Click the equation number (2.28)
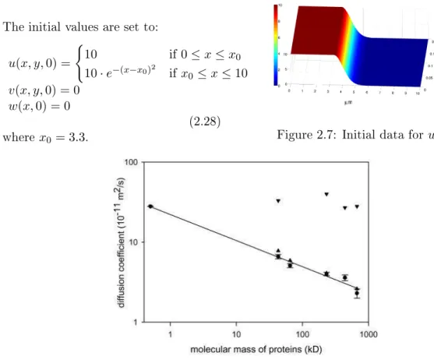tap(205, 122)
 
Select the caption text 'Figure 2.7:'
tap(307, 135)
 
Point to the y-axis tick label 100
tap(131, 162)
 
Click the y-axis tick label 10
tap(134, 242)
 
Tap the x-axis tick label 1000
tap(369, 334)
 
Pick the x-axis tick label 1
tap(170, 334)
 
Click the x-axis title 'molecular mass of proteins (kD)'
tap(256, 350)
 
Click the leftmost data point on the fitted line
tap(150, 206)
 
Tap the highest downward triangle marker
tap(326, 195)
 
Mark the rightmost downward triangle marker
tap(357, 206)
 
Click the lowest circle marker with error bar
tap(357, 293)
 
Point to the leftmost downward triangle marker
tap(278, 201)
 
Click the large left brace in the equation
tap(79, 64)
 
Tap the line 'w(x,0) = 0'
tap(40, 106)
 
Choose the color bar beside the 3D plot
tap(276, 45)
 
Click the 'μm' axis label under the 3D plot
tap(348, 102)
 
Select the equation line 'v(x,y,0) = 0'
tap(44, 90)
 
